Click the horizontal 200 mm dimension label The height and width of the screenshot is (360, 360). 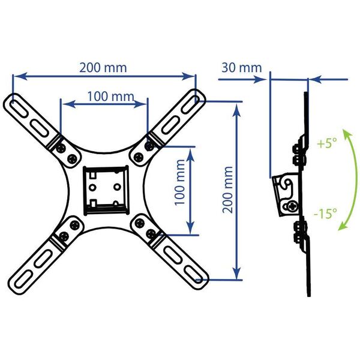(x=103, y=68)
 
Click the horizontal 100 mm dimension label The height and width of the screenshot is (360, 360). (x=110, y=97)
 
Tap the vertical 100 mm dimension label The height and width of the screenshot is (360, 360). (x=179, y=182)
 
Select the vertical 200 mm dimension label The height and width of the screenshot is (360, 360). (x=227, y=190)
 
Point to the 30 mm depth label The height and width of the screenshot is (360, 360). (x=242, y=68)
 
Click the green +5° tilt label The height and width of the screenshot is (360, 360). (x=327, y=143)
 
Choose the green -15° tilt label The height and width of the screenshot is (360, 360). (x=325, y=214)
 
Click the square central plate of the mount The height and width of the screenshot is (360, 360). (x=106, y=190)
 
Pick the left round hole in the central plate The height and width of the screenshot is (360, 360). (x=92, y=187)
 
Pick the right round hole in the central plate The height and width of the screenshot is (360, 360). (x=118, y=187)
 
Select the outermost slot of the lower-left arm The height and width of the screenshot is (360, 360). (x=23, y=279)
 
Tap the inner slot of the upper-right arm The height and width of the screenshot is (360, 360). (x=170, y=125)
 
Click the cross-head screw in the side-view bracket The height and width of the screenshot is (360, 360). (x=293, y=206)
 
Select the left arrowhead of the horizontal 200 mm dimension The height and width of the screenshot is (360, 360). (x=20, y=76)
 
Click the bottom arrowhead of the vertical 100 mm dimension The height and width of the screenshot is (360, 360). (x=190, y=229)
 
